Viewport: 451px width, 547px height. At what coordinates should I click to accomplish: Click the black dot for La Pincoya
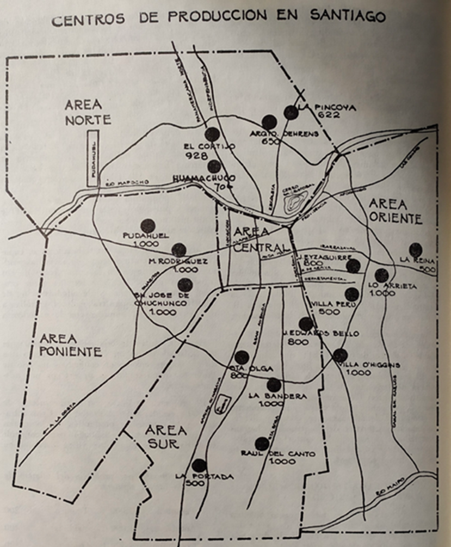291,113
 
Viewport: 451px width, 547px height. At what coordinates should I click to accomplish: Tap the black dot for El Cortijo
212,134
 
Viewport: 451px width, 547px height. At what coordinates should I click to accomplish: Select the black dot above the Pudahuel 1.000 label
148,226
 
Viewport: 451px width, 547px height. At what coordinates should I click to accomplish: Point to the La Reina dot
416,250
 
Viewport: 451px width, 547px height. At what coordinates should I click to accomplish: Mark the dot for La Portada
199,465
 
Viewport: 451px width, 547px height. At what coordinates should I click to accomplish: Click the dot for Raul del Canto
262,444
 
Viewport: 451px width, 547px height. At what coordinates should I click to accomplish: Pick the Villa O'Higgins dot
340,355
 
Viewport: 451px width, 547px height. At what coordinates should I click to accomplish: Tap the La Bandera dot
274,385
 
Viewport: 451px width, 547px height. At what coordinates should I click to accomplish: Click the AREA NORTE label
88,112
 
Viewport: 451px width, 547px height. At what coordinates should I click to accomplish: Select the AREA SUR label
166,436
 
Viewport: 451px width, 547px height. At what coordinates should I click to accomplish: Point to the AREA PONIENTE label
70,345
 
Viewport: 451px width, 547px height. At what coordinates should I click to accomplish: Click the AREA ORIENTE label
395,211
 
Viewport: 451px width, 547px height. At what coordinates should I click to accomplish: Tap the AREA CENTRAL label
259,239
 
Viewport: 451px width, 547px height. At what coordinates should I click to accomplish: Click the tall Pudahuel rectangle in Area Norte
93,158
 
